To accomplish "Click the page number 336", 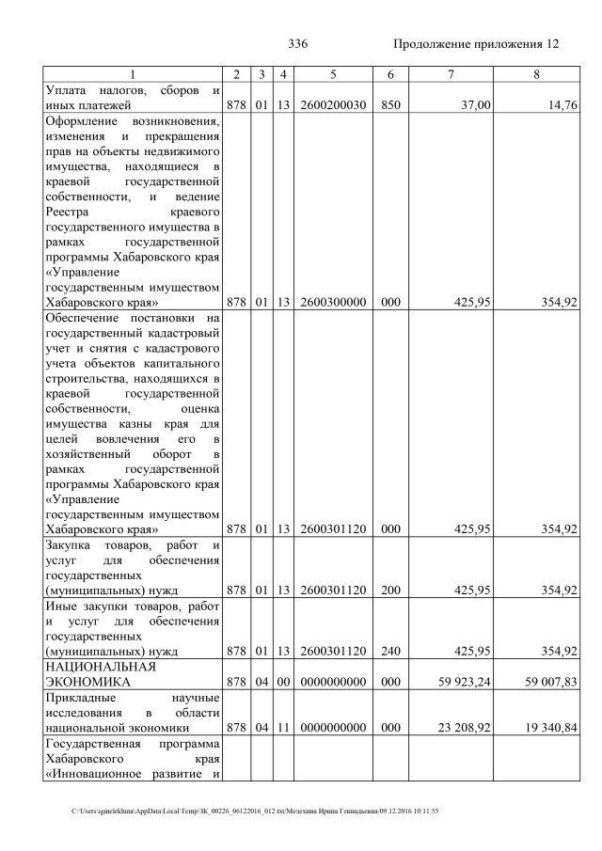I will [298, 45].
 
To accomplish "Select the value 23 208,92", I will [462, 728].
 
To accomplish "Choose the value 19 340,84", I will [550, 728].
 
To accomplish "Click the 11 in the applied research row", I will [282, 728].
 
